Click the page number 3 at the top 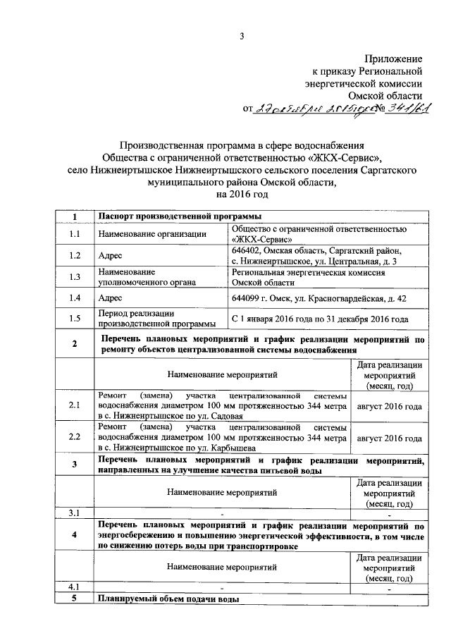242,37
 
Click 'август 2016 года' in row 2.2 390,437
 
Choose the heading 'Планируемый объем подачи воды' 168,599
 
